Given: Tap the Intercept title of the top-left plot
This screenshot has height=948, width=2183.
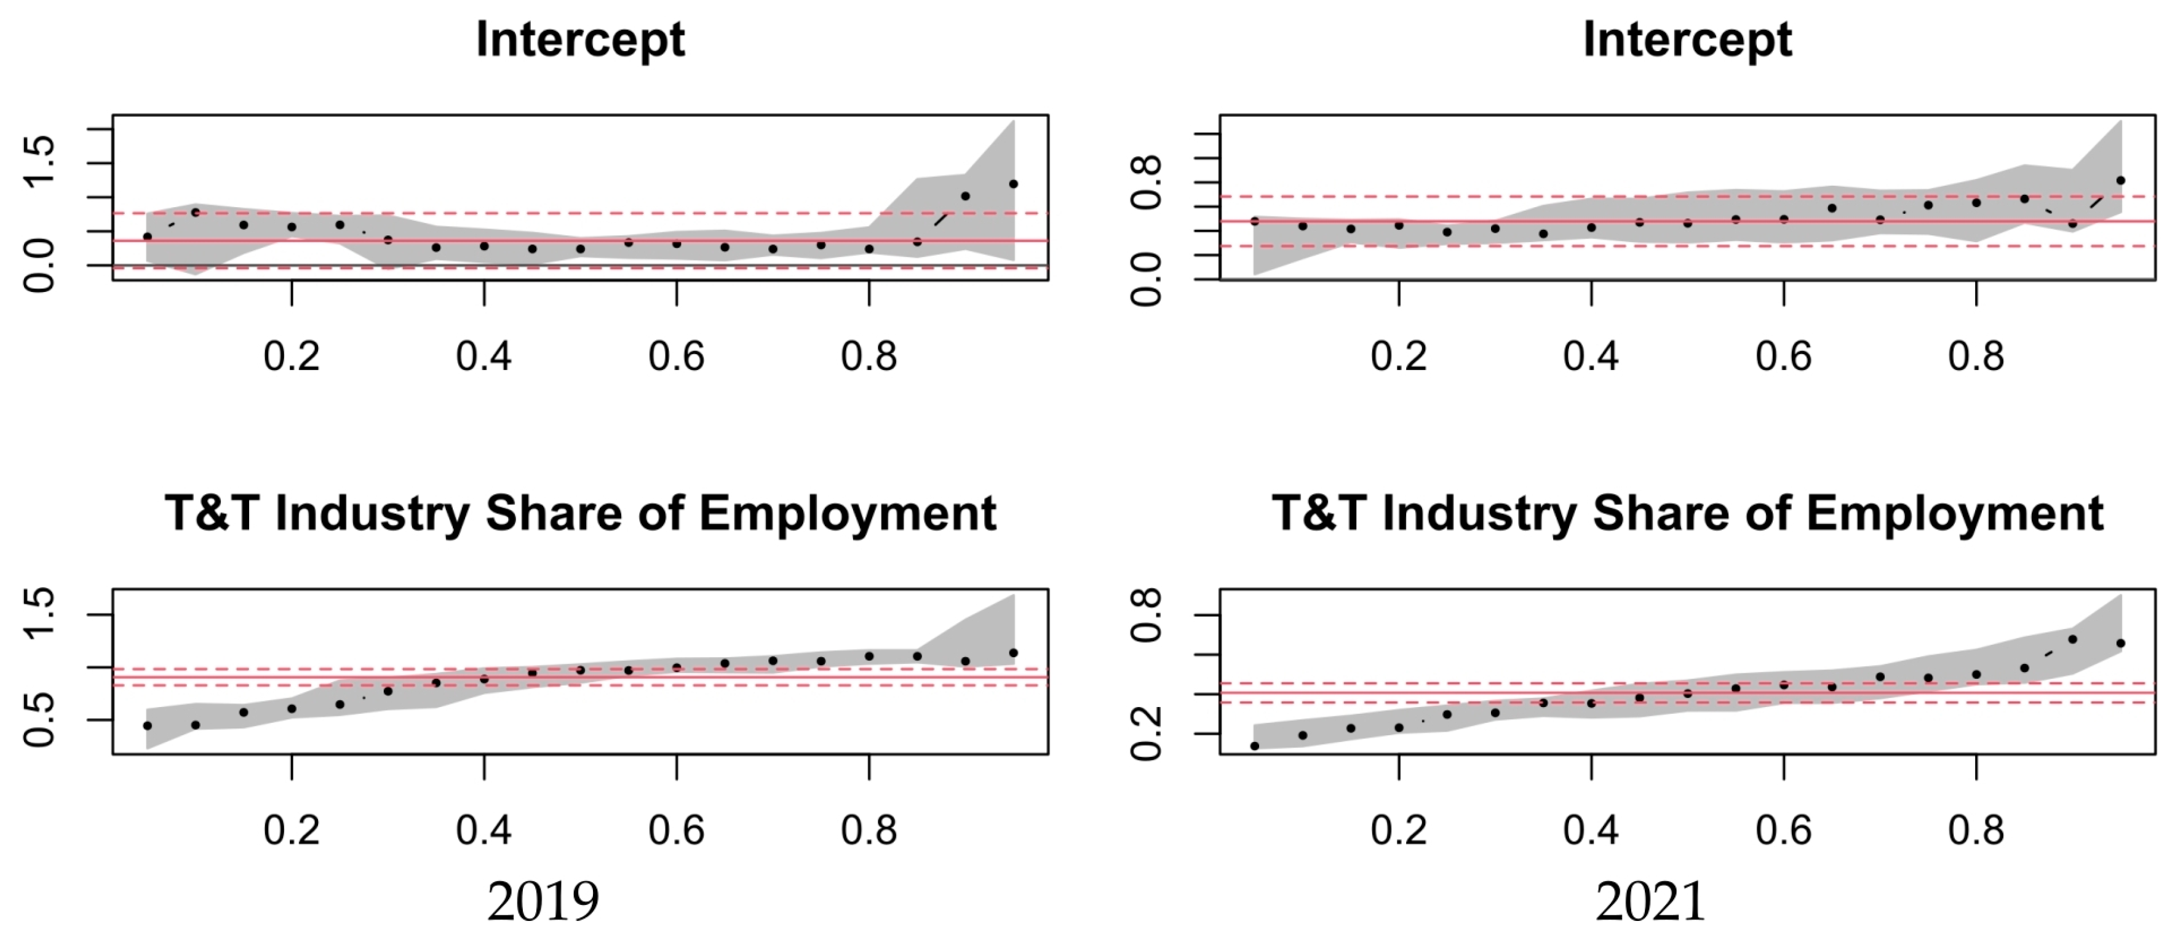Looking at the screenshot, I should [581, 40].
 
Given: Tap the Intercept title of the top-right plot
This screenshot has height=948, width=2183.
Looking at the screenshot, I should [1687, 40].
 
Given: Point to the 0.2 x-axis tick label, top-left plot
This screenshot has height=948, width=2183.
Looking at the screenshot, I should [292, 357].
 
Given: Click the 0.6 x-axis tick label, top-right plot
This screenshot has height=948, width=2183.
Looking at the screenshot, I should [1783, 357].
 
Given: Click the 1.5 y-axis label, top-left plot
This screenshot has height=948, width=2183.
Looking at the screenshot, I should [39, 161].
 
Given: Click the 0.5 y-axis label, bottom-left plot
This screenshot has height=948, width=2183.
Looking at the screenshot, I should [39, 720].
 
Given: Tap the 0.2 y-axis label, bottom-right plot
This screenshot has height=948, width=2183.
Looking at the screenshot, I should [1146, 733].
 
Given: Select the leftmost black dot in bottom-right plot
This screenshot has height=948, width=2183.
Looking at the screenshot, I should [1255, 746].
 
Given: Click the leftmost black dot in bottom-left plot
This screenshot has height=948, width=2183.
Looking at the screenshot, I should [148, 726].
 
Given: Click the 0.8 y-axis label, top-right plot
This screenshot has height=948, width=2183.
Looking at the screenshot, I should [1146, 182].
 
